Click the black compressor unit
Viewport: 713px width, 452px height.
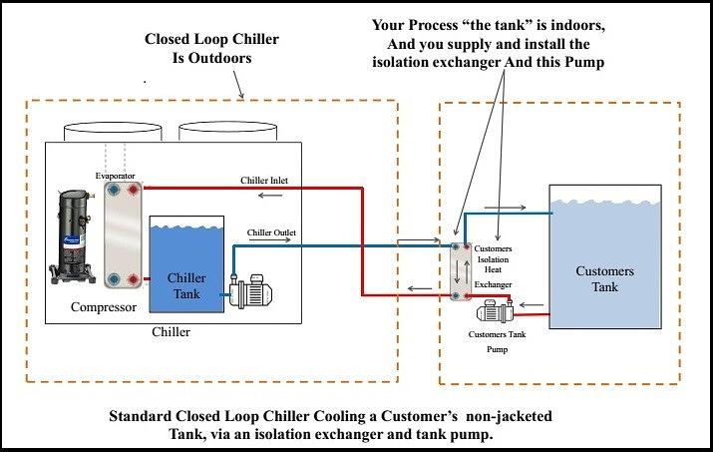coord(73,235)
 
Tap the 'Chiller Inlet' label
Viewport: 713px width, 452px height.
coord(264,181)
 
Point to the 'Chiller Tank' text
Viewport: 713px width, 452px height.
coord(186,285)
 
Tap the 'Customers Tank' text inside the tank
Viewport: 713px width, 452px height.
coord(604,279)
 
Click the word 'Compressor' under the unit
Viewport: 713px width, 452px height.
coord(104,307)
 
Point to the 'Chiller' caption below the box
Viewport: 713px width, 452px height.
coord(171,332)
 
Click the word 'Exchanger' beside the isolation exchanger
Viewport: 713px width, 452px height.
coord(493,285)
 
